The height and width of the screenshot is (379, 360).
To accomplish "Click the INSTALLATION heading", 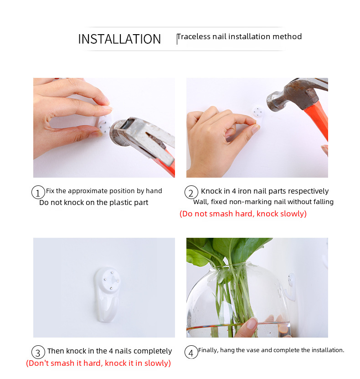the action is [x=119, y=39].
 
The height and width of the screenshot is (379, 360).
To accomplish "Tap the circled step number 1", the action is [x=38, y=192].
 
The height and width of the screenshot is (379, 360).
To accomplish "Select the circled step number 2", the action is [x=191, y=192].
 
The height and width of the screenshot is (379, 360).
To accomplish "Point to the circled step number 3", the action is [x=38, y=352].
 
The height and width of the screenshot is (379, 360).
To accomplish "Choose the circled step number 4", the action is [x=191, y=352].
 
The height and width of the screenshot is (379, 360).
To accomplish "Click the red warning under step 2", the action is [x=243, y=214].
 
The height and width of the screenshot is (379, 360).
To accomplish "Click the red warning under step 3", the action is [x=98, y=363].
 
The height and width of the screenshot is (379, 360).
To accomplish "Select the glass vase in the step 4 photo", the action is [x=238, y=300].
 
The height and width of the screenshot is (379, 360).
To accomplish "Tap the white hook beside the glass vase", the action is [x=291, y=287].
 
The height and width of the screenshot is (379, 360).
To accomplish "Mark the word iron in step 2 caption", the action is [x=243, y=191].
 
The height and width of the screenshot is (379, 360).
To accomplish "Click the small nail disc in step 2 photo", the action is [x=258, y=112].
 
